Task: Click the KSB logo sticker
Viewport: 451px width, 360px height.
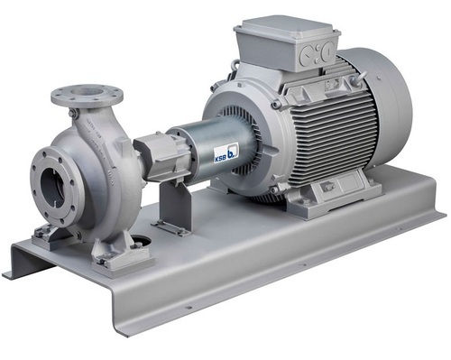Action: tap(226, 152)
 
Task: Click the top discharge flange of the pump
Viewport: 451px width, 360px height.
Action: tap(87, 95)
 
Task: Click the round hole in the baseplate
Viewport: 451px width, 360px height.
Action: tap(142, 241)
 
